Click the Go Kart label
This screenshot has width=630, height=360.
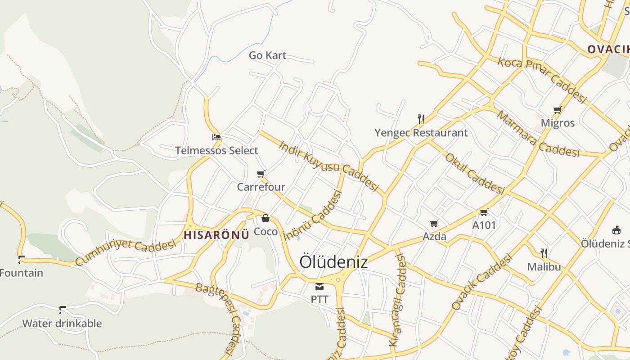point(267,55)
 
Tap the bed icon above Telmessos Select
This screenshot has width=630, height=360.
point(216,137)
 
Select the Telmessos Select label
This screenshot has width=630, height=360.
point(216,150)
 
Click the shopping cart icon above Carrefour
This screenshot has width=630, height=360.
point(261,174)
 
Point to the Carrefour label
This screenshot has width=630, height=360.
point(261,187)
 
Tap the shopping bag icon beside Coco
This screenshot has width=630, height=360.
point(265,219)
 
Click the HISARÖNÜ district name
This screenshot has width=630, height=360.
point(216,234)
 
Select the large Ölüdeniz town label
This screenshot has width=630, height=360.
point(333,262)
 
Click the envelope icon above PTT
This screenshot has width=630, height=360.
point(319,286)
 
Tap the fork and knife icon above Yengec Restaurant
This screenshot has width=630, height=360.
point(421,119)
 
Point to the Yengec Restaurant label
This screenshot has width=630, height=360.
point(421,133)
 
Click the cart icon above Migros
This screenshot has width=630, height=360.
point(558,110)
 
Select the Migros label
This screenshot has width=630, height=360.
point(558,123)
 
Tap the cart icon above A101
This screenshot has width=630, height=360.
point(484,212)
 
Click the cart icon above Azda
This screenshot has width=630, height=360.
point(434,223)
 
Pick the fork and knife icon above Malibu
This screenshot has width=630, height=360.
point(544,253)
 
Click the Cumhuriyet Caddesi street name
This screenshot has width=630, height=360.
point(126,252)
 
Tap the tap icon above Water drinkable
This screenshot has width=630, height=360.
point(63,310)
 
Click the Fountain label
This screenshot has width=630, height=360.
point(22,273)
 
